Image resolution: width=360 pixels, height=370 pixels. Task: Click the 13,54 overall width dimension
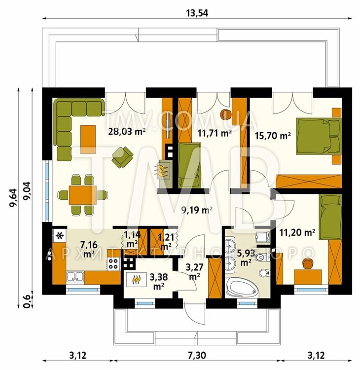[197, 13]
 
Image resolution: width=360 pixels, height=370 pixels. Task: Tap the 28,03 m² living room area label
[126, 131]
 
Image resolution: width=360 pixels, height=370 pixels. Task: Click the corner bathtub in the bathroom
[242, 288]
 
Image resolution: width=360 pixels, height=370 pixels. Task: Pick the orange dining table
[82, 195]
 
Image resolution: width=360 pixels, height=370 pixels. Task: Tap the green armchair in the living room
[122, 157]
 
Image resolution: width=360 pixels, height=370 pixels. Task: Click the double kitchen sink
[75, 276]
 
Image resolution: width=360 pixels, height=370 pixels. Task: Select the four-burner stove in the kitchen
[113, 264]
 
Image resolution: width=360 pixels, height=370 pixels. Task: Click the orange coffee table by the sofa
[88, 140]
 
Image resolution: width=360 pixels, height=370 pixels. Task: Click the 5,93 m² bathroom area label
[246, 258]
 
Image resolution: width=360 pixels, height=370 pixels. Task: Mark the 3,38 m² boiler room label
[159, 281]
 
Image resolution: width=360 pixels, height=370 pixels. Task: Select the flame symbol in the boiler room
[137, 279]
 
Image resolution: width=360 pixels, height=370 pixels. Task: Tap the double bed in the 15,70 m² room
[319, 136]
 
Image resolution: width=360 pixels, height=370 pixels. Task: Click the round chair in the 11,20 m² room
[307, 263]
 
